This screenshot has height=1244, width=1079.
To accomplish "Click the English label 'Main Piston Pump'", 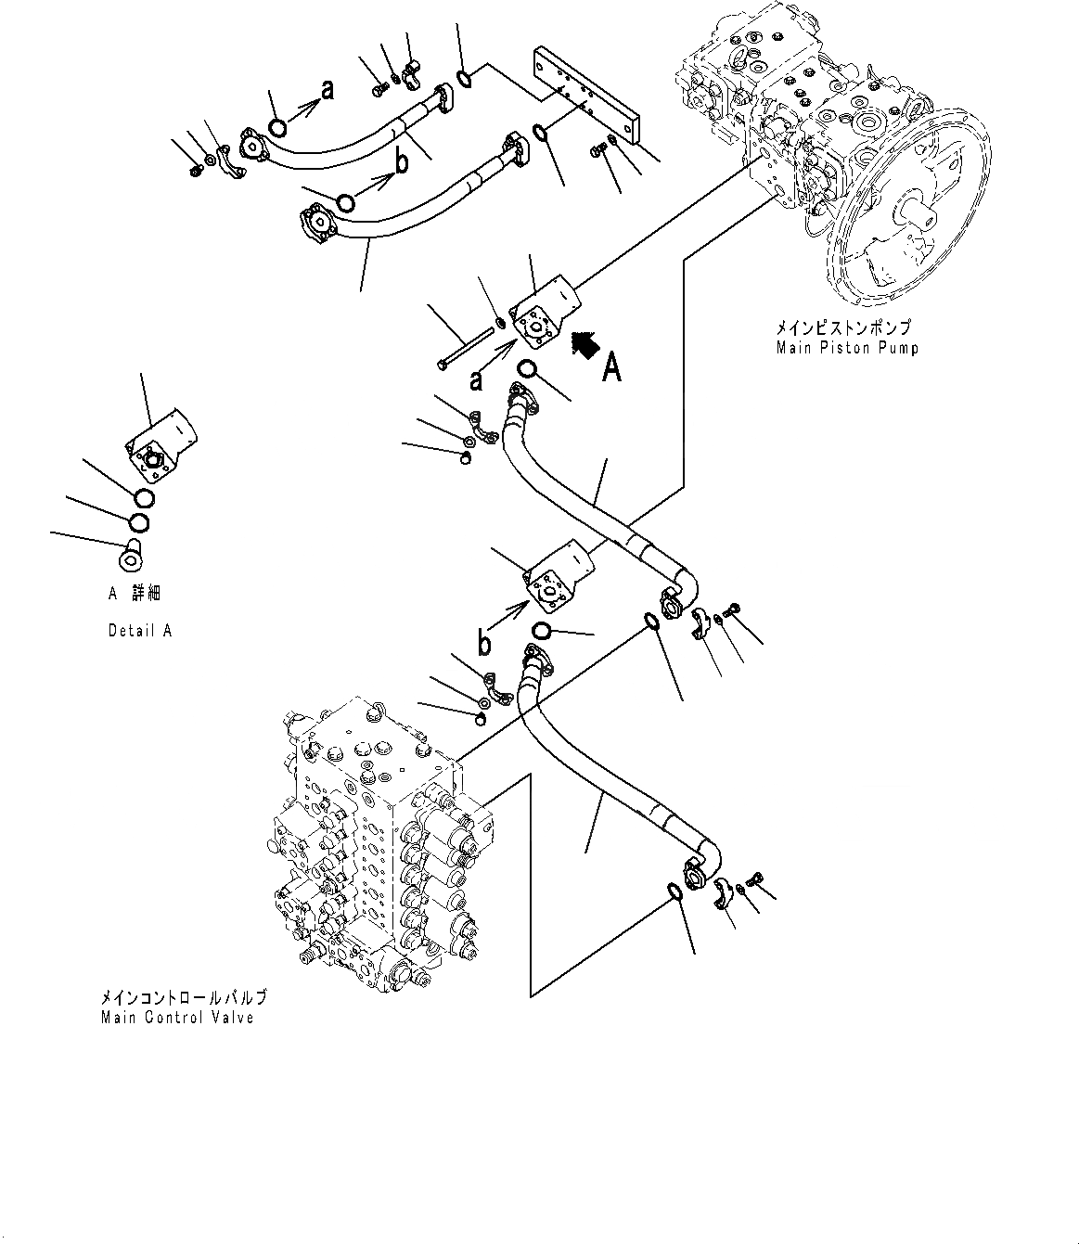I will (x=847, y=348).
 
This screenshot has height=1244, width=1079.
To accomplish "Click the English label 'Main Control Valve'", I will (x=176, y=1018).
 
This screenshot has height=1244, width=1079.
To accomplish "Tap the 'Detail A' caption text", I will (x=139, y=631).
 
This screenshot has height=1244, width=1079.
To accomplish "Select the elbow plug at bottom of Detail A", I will (x=130, y=556).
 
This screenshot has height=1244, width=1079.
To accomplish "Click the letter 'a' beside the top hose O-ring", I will (x=326, y=89).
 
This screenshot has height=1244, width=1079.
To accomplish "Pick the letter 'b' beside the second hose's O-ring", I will (x=402, y=162).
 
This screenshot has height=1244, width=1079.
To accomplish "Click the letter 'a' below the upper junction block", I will (x=476, y=379).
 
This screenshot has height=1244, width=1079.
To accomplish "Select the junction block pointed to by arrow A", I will (x=546, y=315).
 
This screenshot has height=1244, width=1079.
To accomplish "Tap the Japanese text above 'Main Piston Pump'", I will (x=843, y=328).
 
